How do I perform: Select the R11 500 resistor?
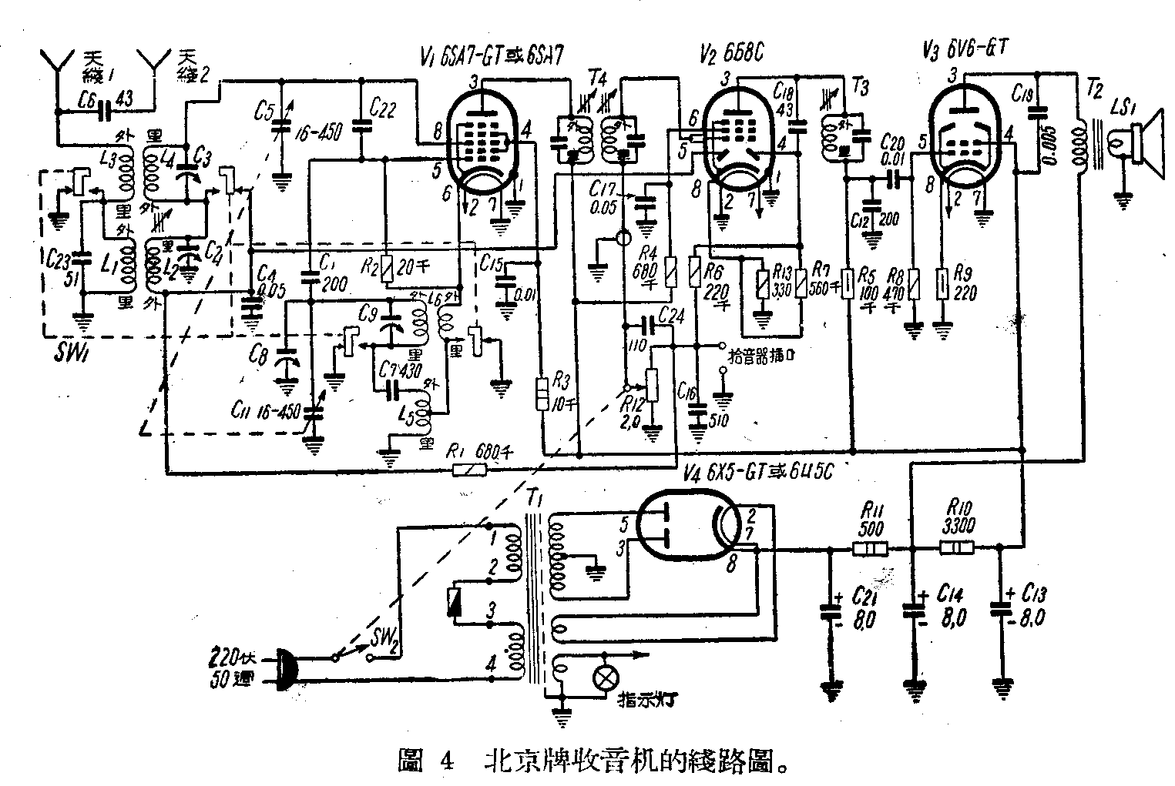point(870,549)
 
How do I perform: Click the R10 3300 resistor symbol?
point(956,549)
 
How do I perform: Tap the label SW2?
point(385,639)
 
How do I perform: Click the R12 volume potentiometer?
point(653,385)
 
